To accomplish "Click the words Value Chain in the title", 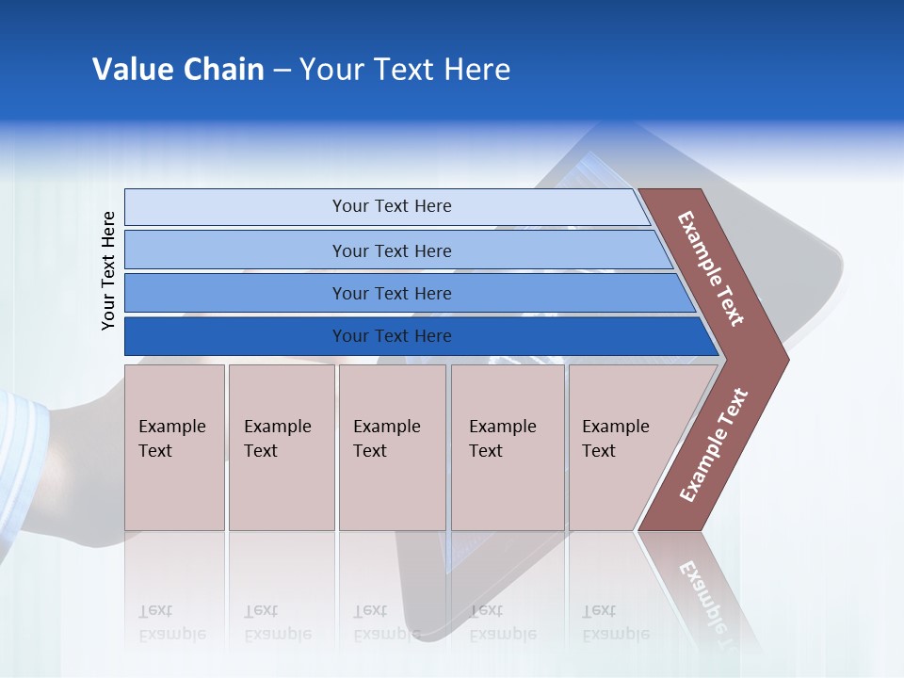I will pyautogui.click(x=178, y=70).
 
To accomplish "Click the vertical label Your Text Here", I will pyautogui.click(x=108, y=270).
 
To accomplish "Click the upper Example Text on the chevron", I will pyautogui.click(x=711, y=268).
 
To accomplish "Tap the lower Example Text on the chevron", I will pyautogui.click(x=714, y=445).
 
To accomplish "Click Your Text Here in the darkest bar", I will pyautogui.click(x=392, y=336).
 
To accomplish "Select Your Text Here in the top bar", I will pyautogui.click(x=392, y=206).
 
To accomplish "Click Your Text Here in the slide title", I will pyautogui.click(x=405, y=70).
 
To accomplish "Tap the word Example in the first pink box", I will pyautogui.click(x=171, y=427).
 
